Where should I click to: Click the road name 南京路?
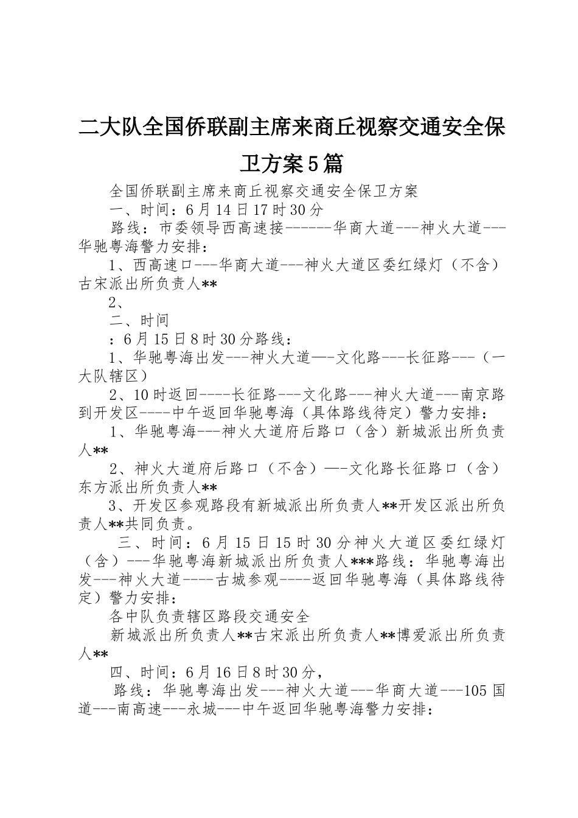(482, 394)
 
